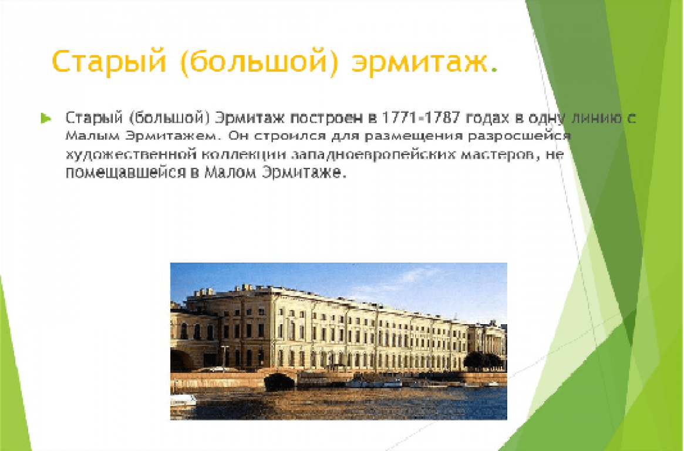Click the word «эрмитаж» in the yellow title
pyautogui.click(x=419, y=62)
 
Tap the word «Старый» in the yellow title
pyautogui.click(x=109, y=62)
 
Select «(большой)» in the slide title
pyautogui.click(x=259, y=62)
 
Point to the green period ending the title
pyautogui.click(x=494, y=69)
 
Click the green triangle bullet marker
pyautogui.click(x=46, y=118)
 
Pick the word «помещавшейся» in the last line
pyautogui.click(x=126, y=173)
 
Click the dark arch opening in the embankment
pyautogui.click(x=279, y=382)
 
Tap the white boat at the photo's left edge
pyautogui.click(x=183, y=400)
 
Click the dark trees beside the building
pyautogui.click(x=483, y=361)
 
